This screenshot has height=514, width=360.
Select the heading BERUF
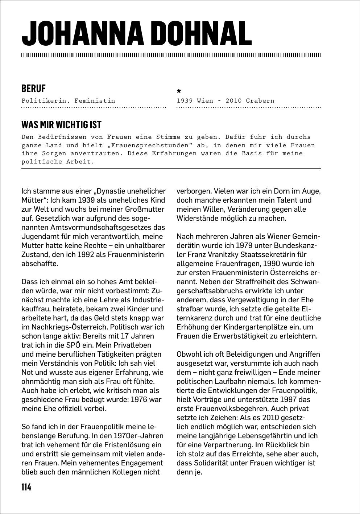[x=33, y=88]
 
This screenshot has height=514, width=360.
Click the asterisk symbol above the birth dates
[x=179, y=91]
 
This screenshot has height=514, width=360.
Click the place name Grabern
[x=260, y=101]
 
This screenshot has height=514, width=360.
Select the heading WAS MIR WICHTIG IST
[x=61, y=125]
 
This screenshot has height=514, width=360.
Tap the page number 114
[x=26, y=487]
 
